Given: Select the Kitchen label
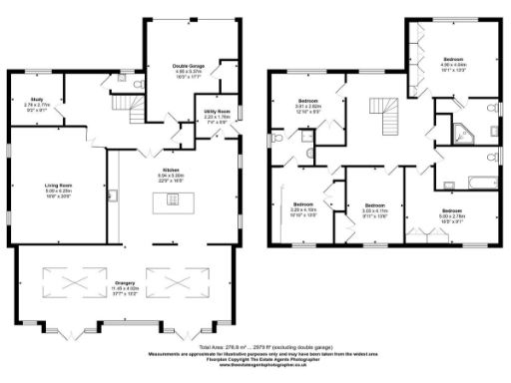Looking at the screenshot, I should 171,177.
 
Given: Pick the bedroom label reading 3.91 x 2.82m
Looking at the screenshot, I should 313,105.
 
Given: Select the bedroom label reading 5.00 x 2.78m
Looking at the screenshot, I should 453,213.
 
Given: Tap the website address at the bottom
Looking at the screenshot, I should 255,364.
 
